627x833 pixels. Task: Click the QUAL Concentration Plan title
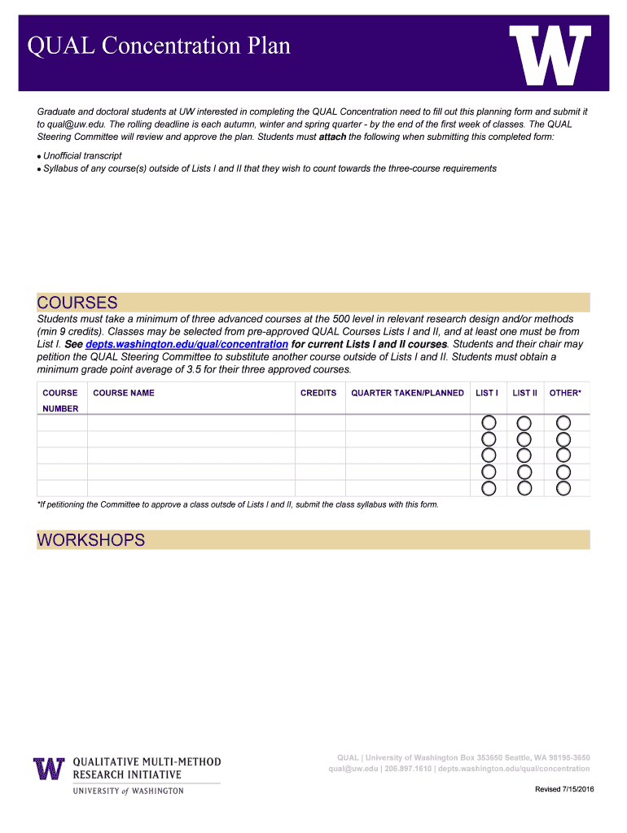(x=160, y=46)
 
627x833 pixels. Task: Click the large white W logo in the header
(x=550, y=55)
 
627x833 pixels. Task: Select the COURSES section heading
(x=77, y=303)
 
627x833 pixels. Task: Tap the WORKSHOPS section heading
(x=90, y=540)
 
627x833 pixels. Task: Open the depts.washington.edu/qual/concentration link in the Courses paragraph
(x=186, y=344)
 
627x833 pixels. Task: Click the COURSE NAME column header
(x=124, y=393)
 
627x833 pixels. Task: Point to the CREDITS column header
(x=318, y=393)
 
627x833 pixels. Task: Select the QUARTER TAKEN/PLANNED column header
(x=407, y=393)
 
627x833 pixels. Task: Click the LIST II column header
(x=524, y=393)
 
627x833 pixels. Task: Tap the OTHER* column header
(x=565, y=393)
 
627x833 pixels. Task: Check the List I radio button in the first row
(x=489, y=423)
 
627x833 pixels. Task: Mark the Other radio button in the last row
(x=563, y=488)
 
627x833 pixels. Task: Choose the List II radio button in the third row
(x=524, y=456)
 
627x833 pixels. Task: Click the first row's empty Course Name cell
(x=191, y=423)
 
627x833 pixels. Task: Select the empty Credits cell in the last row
(x=320, y=488)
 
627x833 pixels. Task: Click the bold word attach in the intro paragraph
(x=332, y=137)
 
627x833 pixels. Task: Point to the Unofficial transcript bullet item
(x=82, y=155)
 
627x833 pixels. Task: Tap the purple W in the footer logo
(x=49, y=769)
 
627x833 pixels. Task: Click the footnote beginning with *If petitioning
(x=238, y=504)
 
